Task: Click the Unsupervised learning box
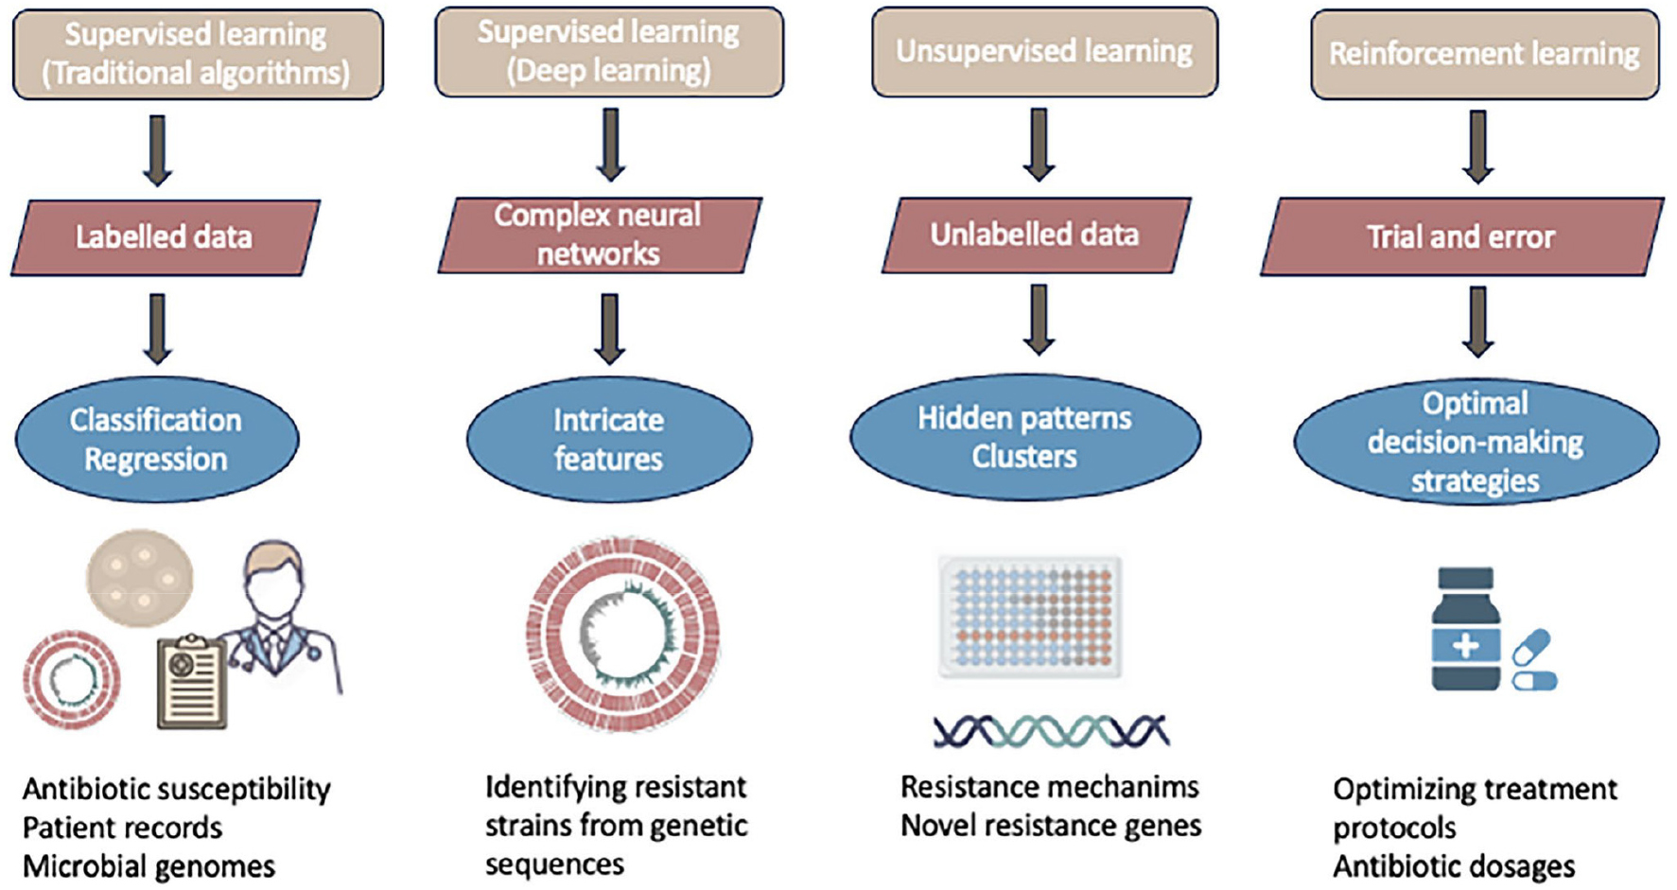click(1044, 52)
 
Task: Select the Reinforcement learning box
click(1484, 54)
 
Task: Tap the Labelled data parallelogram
click(165, 236)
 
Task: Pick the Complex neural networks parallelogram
click(599, 235)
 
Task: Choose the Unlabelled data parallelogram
click(1035, 235)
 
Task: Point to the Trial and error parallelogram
click(1461, 236)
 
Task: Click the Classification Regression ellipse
click(156, 439)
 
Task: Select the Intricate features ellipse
click(608, 439)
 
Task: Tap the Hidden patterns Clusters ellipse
click(1024, 437)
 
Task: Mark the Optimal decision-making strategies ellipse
click(1476, 442)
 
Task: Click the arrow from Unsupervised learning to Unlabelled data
click(1039, 144)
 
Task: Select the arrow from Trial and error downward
click(1477, 322)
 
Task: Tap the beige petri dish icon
click(140, 577)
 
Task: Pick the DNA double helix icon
click(1050, 731)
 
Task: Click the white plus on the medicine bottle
click(1465, 647)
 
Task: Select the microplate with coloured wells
click(1030, 617)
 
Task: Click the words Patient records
click(122, 828)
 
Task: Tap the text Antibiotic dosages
click(1454, 866)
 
